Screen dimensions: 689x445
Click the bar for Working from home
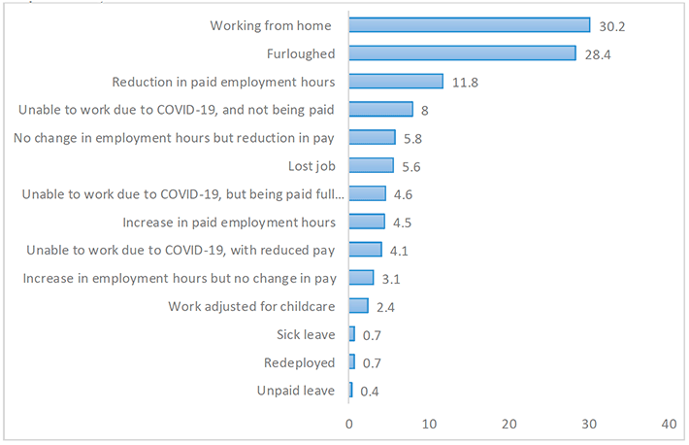pyautogui.click(x=470, y=25)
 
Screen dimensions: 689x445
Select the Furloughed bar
pyautogui.click(x=463, y=53)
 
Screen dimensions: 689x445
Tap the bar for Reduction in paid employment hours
pyautogui.click(x=396, y=82)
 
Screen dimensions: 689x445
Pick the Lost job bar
pyautogui.click(x=372, y=165)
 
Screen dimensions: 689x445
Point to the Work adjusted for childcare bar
pyautogui.click(x=358, y=306)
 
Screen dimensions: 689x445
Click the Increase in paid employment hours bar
pyautogui.click(x=367, y=222)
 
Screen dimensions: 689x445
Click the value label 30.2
pyautogui.click(x=612, y=27)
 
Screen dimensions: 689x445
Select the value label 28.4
pyautogui.click(x=598, y=54)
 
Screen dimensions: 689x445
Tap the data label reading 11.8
pyautogui.click(x=466, y=83)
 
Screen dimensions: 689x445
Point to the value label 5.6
pyautogui.click(x=411, y=167)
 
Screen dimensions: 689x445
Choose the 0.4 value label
pyautogui.click(x=370, y=392)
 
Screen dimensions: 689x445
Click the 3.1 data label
pyautogui.click(x=391, y=279)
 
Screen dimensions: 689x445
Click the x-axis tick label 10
pyautogui.click(x=429, y=424)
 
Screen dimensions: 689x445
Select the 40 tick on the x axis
pyautogui.click(x=670, y=424)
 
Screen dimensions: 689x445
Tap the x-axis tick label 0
pyautogui.click(x=349, y=424)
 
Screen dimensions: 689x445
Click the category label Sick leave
pyautogui.click(x=306, y=334)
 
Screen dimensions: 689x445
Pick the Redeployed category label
pyautogui.click(x=299, y=362)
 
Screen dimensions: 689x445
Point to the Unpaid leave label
pyautogui.click(x=296, y=391)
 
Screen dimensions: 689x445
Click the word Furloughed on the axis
pyautogui.click(x=301, y=53)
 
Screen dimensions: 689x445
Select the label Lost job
pyautogui.click(x=312, y=166)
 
